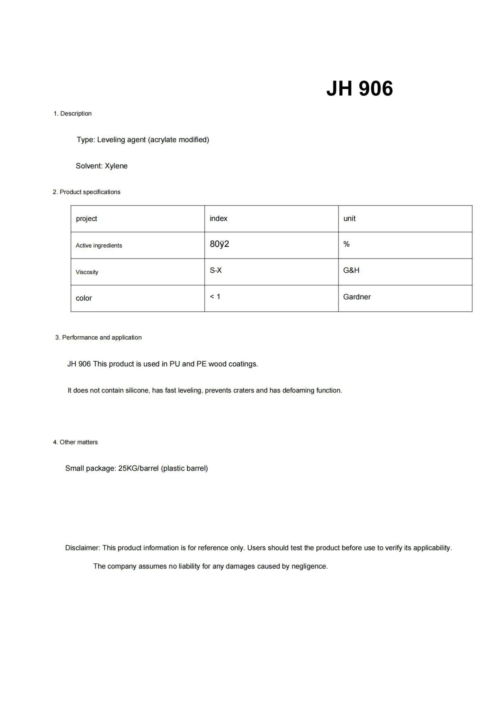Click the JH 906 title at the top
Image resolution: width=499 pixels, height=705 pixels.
coord(359,89)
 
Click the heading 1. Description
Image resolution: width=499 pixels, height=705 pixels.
coord(72,113)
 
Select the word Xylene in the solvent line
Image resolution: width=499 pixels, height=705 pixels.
coord(116,166)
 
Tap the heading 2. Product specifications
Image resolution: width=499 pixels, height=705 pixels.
coord(86,192)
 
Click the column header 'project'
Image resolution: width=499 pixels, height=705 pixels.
coord(86,219)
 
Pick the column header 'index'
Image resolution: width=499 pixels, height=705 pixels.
coord(218,219)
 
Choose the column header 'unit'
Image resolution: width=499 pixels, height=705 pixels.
coord(349,219)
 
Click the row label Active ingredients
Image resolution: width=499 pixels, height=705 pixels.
coord(99,246)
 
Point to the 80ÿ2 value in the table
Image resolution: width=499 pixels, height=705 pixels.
coord(219,244)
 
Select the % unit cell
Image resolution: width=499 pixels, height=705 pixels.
coord(346,244)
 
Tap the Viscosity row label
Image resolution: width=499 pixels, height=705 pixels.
coord(87,272)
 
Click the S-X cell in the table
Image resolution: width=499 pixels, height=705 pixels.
coord(215,271)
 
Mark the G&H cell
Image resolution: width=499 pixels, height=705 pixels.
coord(351,271)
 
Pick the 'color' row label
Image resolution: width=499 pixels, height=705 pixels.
coord(84,298)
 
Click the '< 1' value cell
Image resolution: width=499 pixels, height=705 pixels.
coord(215,297)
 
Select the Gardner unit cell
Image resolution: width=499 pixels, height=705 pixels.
coord(357,297)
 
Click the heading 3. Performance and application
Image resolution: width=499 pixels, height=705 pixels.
coord(99,338)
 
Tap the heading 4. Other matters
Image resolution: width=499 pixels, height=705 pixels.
coord(75,442)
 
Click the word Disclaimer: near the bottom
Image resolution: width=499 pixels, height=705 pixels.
coord(83,548)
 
